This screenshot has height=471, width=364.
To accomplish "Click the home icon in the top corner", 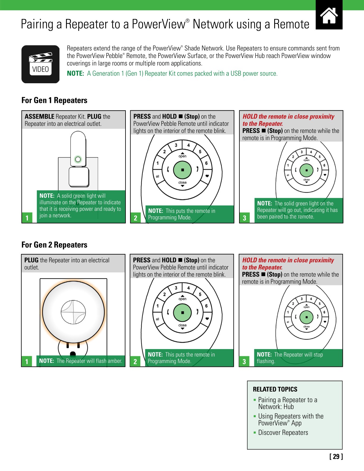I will pos(329,15).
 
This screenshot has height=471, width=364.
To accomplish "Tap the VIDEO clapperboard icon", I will pos(40,64).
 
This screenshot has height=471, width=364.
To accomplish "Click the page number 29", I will pos(336,456).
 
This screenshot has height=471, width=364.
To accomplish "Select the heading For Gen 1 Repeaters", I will pos(54,101).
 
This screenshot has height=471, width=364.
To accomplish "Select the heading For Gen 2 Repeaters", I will pos(54,245).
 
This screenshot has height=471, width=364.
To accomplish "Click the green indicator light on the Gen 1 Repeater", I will pos(78,159).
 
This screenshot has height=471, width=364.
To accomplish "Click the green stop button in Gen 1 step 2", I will pos(182,170).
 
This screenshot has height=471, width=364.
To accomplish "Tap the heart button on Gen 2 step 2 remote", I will pos(207,318).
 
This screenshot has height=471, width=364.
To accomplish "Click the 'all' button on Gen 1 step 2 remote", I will pos(158,176).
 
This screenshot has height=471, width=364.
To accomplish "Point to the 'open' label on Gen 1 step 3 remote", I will pos(306,160).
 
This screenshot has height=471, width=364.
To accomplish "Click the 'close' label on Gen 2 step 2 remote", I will pos(182,325).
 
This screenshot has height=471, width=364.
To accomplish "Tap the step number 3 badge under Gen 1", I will pos(244,218).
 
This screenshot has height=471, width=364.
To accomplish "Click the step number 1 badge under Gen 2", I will pos(26,362).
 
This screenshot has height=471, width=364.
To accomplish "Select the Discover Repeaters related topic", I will pos(283,433).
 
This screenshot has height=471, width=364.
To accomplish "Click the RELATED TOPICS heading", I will pos(275,389).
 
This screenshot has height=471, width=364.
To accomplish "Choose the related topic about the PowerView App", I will pos(291,420).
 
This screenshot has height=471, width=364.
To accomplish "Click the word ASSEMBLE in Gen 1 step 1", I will pos(40,117).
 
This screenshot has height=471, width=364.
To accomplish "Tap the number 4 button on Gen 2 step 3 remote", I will pos(311,299).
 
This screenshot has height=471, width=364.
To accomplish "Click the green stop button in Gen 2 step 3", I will pos(306,317).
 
